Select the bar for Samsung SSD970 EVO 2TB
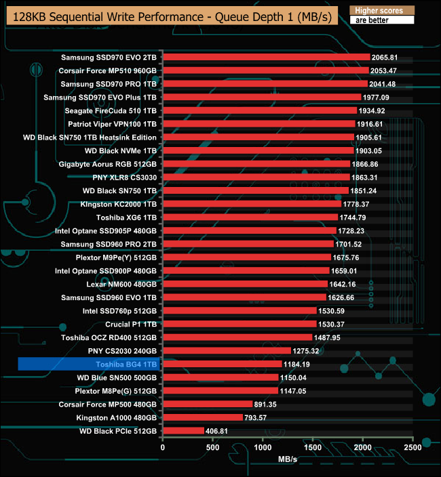(266, 58)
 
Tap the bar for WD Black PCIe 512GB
(183, 431)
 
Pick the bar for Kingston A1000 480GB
(202, 417)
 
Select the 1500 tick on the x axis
(313, 448)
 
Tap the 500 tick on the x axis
(213, 448)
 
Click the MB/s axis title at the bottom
(288, 460)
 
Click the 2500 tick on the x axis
(413, 448)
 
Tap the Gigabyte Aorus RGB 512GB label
(109, 164)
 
